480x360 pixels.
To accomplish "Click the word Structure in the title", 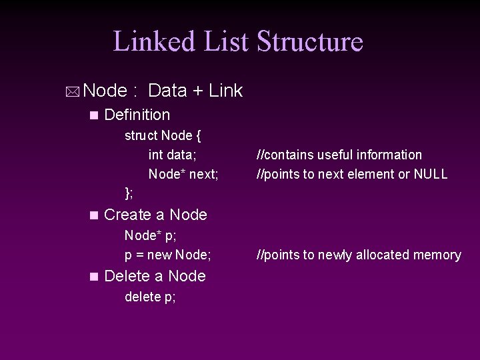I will coord(309,41).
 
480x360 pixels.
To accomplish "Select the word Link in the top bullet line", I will coord(225,91).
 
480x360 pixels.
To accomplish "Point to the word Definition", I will coord(137,115).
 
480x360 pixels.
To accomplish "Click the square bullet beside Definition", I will coord(93,115).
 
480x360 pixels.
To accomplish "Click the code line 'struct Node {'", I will coord(163,135).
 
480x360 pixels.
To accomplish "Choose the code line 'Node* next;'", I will coord(183,174).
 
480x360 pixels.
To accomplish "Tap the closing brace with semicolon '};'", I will coord(129,193).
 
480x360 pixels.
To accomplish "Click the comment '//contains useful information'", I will coord(340,155).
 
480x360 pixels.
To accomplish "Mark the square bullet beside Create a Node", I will coord(93,215).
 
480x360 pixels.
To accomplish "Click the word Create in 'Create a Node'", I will coord(128,215).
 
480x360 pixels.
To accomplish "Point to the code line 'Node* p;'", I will coord(151,235).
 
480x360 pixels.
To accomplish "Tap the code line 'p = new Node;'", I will coord(168,255).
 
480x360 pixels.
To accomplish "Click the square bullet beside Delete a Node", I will coord(93,277).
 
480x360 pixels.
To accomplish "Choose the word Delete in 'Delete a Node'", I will coord(127,276).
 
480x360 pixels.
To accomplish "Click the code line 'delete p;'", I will coord(151,297).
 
